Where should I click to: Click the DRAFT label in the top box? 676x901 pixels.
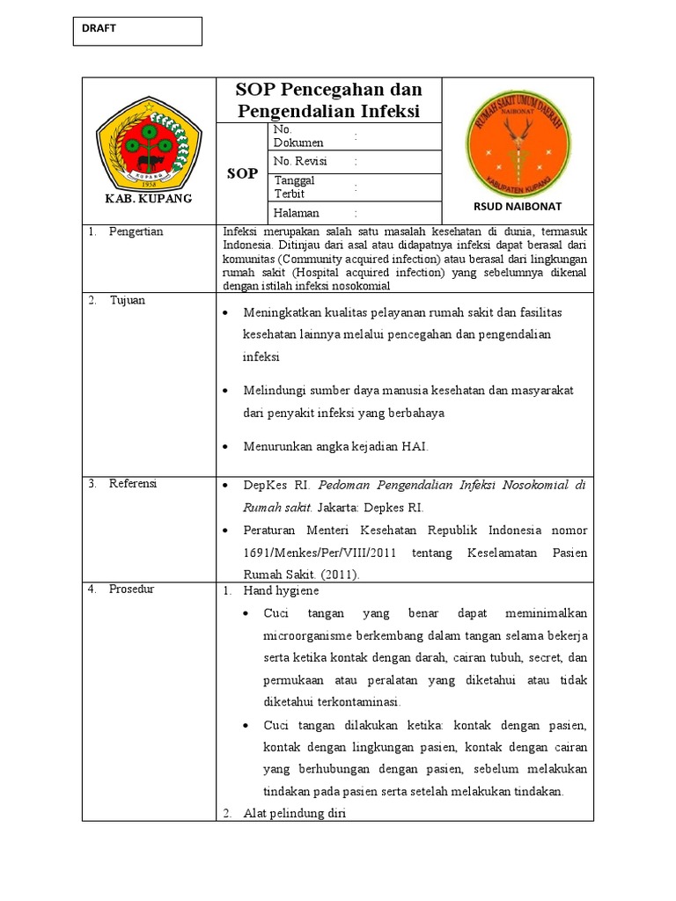(x=99, y=28)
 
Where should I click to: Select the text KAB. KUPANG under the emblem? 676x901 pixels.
(x=148, y=199)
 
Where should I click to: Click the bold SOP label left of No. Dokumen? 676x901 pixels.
(x=242, y=173)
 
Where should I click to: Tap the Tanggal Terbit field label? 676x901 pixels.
(x=295, y=187)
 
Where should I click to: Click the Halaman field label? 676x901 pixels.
(x=297, y=213)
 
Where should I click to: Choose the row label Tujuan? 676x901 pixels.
(x=128, y=300)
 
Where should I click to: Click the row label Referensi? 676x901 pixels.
(x=133, y=483)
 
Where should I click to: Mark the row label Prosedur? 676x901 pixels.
(x=131, y=589)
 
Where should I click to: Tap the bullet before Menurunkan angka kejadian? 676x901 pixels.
(x=226, y=448)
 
